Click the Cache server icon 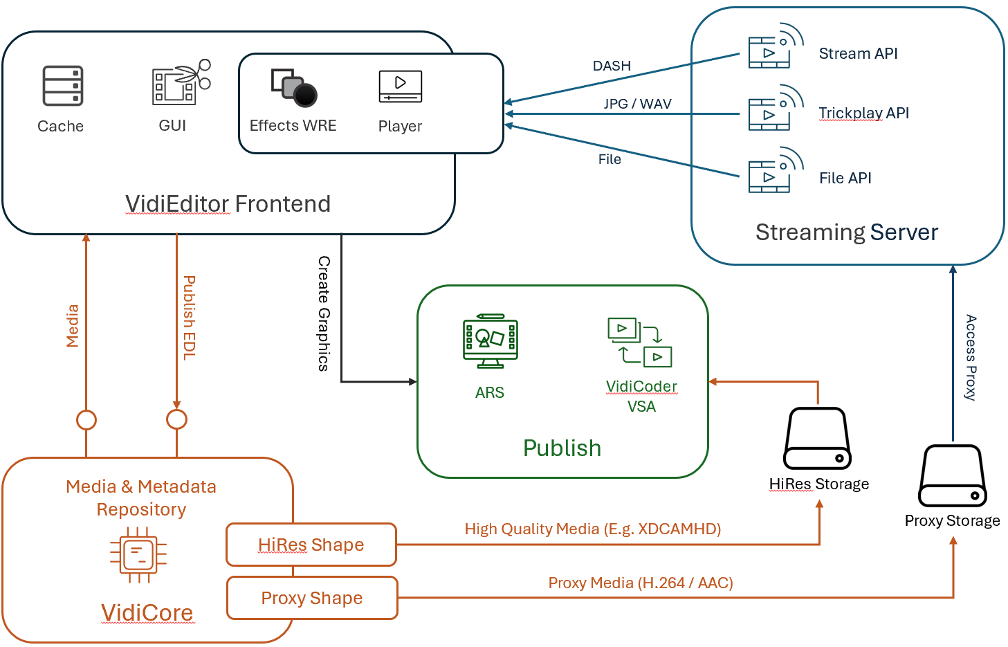[63, 86]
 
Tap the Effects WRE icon [294, 88]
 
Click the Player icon [400, 86]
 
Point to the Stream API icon [774, 47]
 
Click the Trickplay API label [863, 113]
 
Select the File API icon [774, 171]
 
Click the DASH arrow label [612, 66]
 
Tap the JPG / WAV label [637, 104]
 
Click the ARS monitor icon [490, 341]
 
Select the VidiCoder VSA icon [639, 341]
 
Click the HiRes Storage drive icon [817, 439]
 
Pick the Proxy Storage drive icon [952, 476]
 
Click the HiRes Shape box [311, 545]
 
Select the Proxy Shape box [312, 598]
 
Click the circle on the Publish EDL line [177, 419]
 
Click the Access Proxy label [971, 357]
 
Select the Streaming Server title [846, 232]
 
